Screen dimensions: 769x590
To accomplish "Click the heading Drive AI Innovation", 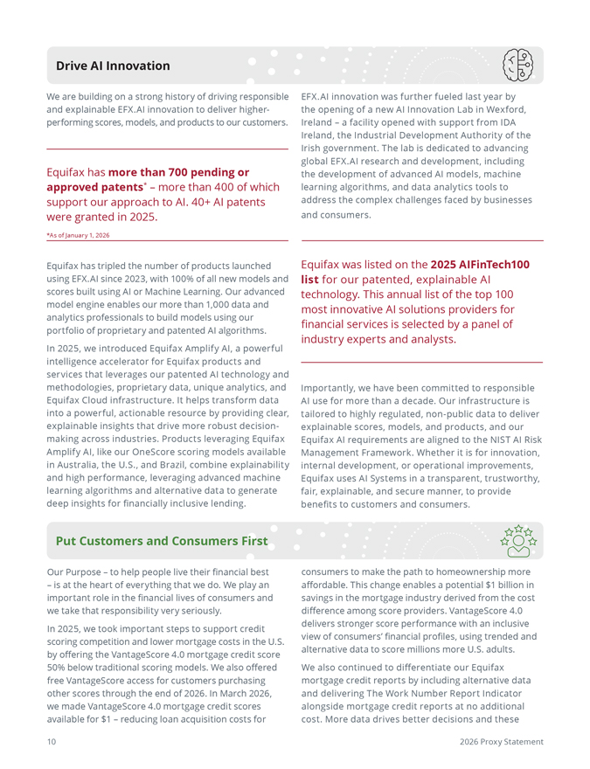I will (x=113, y=66).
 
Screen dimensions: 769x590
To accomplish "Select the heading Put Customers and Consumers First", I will (x=162, y=541).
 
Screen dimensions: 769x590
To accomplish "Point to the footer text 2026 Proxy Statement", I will (x=501, y=742).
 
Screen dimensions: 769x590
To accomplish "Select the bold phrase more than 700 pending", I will (x=178, y=172).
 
